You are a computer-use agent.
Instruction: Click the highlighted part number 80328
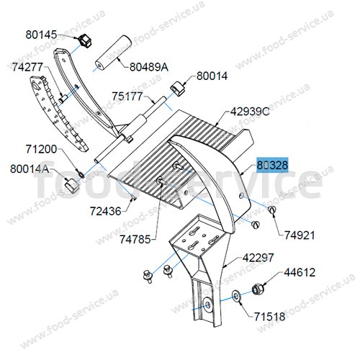tap(272, 165)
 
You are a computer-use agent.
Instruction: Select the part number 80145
tap(41, 35)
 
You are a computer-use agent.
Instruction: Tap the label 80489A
tap(149, 67)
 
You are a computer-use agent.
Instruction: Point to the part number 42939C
tap(250, 112)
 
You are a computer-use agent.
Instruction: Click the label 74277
tap(27, 67)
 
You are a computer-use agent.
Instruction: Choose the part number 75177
tap(127, 96)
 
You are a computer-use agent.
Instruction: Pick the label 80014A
tap(30, 169)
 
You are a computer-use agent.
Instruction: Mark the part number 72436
tap(106, 211)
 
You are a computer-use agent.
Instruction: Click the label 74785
tap(135, 239)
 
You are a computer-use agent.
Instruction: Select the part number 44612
tap(300, 272)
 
